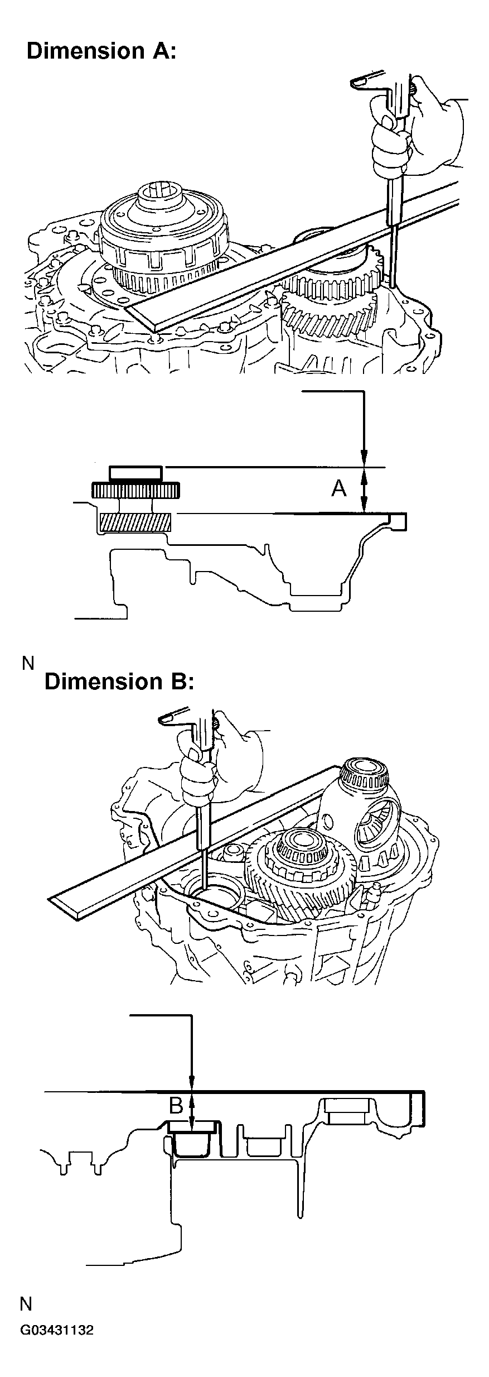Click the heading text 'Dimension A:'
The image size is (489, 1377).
[101, 51]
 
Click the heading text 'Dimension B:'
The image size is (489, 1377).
[119, 682]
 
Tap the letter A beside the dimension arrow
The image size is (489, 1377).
[338, 489]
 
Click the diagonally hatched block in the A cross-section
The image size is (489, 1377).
[134, 522]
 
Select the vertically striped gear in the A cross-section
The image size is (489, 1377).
[135, 491]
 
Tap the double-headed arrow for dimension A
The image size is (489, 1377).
[364, 490]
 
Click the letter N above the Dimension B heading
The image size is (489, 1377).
[28, 663]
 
